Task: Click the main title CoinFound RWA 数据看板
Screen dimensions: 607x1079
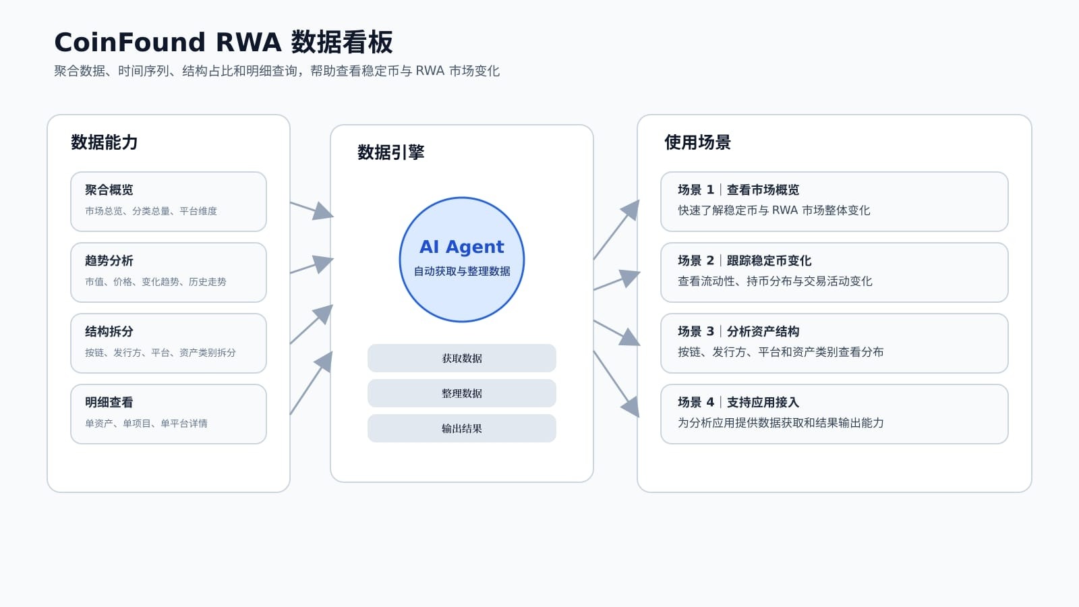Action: [x=223, y=42]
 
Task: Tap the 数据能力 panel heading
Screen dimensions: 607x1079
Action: [x=105, y=142]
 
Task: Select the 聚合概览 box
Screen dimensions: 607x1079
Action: [x=169, y=202]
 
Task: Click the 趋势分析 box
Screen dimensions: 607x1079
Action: [x=169, y=272]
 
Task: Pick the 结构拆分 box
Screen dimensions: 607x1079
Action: [x=169, y=343]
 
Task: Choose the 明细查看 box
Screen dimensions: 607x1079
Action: [x=169, y=414]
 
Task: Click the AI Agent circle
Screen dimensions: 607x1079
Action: [x=462, y=260]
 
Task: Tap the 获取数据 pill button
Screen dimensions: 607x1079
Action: [x=462, y=358]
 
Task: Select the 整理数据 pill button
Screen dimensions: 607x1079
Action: [x=462, y=393]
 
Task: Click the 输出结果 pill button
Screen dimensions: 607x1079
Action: [x=462, y=428]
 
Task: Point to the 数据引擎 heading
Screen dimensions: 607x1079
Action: [x=391, y=152]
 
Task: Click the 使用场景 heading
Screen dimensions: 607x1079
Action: [x=697, y=142]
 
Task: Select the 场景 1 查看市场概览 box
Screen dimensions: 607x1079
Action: [x=834, y=202]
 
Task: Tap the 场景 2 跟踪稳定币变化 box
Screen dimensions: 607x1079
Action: [x=834, y=272]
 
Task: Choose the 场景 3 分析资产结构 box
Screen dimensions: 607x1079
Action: [x=834, y=343]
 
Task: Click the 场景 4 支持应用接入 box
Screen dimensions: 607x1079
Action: [x=834, y=414]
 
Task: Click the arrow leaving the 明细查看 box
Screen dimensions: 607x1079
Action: [x=311, y=383]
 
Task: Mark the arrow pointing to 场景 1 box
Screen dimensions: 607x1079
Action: [x=616, y=229]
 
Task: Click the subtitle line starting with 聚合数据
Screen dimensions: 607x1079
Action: [x=276, y=71]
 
